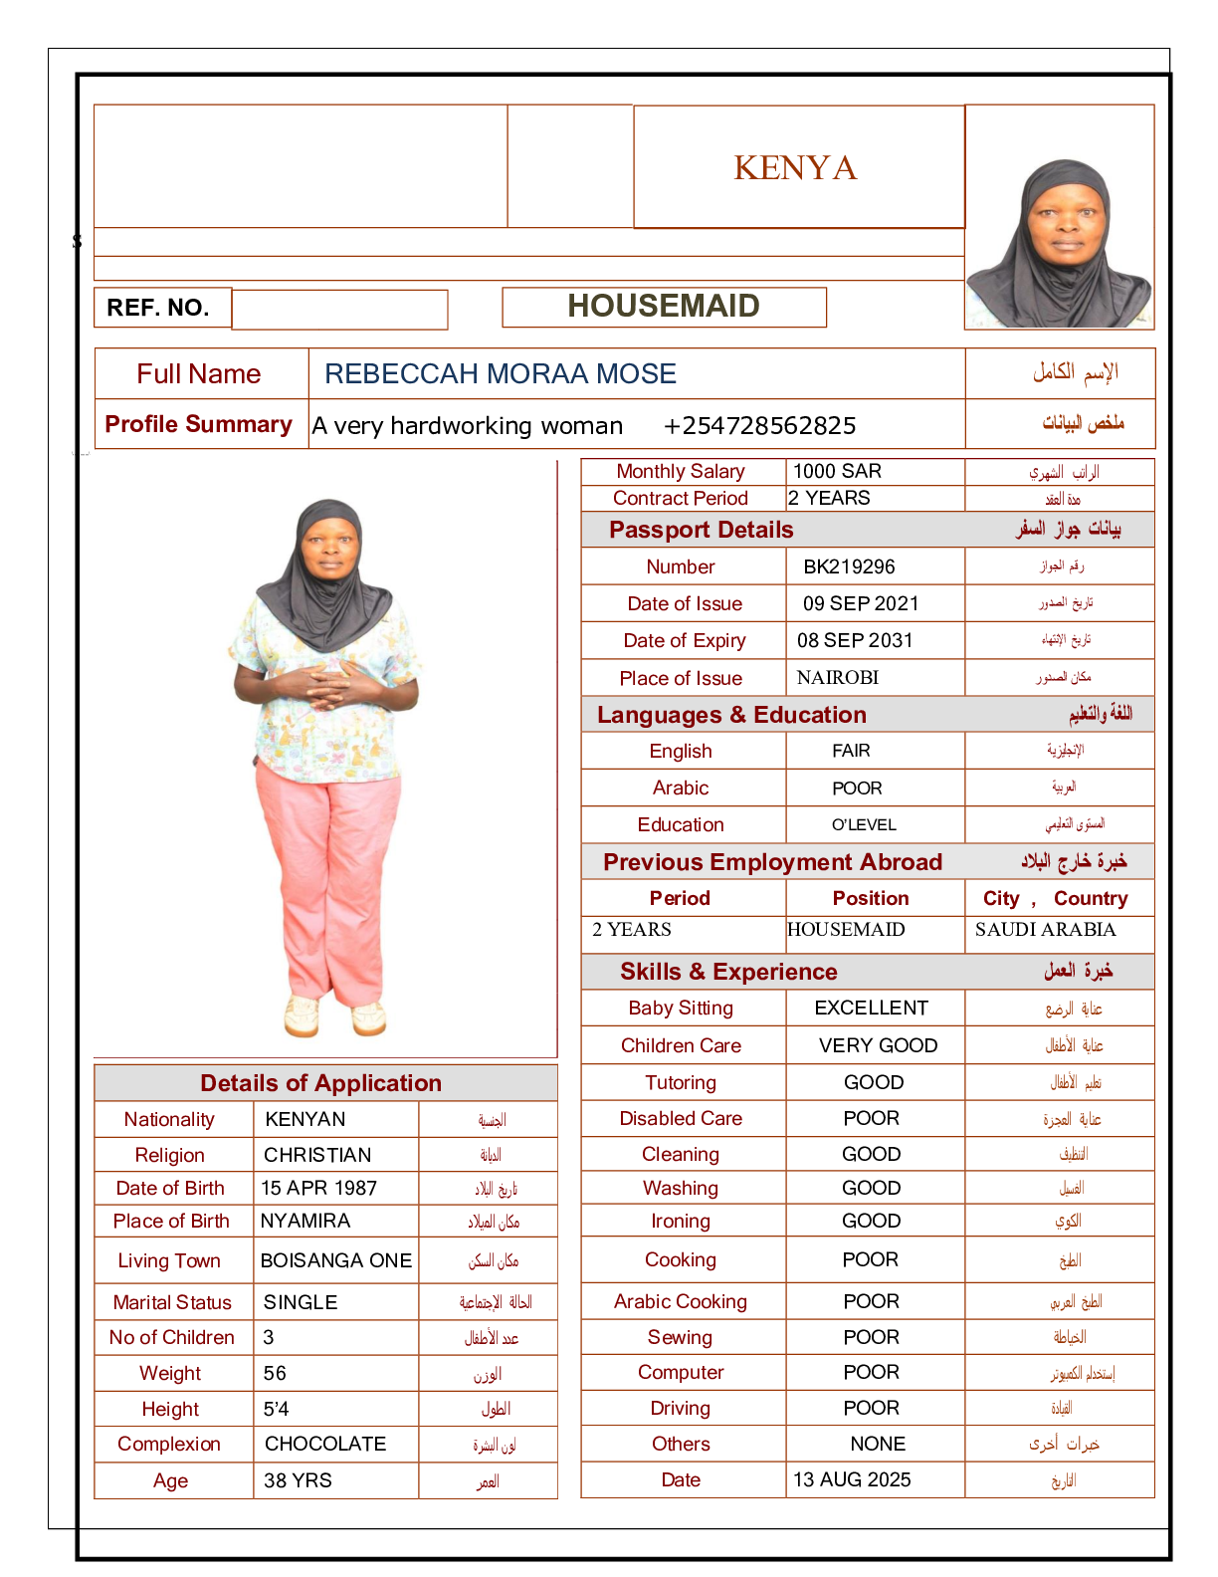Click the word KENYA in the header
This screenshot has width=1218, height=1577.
pos(795,168)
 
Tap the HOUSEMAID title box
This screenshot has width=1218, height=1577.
pos(664,307)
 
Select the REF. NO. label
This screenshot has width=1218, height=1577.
pos(158,308)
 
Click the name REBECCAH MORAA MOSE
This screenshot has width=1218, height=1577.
pos(501,374)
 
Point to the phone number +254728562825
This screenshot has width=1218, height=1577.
pos(759,426)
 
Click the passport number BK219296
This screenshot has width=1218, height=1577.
pos(849,566)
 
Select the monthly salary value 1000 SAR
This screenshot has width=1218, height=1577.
pos(837,471)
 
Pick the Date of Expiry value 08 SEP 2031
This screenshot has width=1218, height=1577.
pos(855,640)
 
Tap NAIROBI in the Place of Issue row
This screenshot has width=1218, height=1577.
pos(838,678)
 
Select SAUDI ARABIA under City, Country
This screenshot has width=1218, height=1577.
pos(1045,930)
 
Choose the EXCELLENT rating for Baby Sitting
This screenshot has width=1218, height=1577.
pos(871,1008)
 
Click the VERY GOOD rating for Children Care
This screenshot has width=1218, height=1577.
pos(878,1045)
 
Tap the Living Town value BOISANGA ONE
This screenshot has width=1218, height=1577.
pos(335,1260)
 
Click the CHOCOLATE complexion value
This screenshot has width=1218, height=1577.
pos(325,1444)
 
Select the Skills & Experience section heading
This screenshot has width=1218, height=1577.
pos(728,972)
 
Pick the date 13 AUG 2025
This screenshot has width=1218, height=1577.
pos(852,1479)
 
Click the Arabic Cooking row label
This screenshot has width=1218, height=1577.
pos(681,1301)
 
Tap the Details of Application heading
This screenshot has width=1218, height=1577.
pos(320,1083)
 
